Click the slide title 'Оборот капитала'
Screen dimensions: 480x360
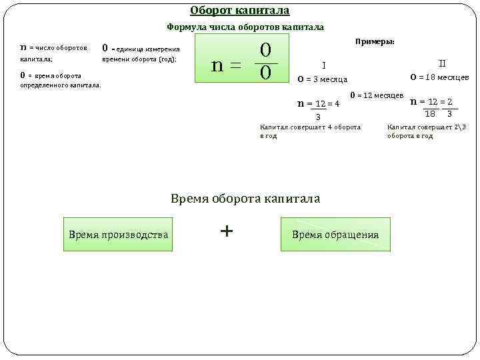click(239, 11)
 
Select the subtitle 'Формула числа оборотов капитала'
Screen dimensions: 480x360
click(245, 27)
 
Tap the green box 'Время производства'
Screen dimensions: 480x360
click(118, 235)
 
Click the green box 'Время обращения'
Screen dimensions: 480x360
click(335, 235)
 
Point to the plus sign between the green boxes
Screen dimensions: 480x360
click(227, 231)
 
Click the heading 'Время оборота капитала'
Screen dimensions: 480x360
click(245, 199)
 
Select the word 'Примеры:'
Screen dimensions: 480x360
click(375, 41)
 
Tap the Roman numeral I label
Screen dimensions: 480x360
click(323, 65)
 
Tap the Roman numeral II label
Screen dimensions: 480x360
click(441, 63)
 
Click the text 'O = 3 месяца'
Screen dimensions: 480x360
click(322, 80)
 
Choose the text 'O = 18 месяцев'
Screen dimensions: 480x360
click(439, 77)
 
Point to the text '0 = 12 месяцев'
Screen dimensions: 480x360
click(377, 95)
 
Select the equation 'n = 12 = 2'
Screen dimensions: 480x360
click(431, 101)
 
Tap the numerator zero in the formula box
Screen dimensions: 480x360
click(265, 50)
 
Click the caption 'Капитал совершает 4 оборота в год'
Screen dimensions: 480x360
click(309, 131)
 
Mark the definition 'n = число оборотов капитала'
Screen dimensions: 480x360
click(53, 53)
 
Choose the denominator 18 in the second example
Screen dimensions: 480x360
click(430, 114)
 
